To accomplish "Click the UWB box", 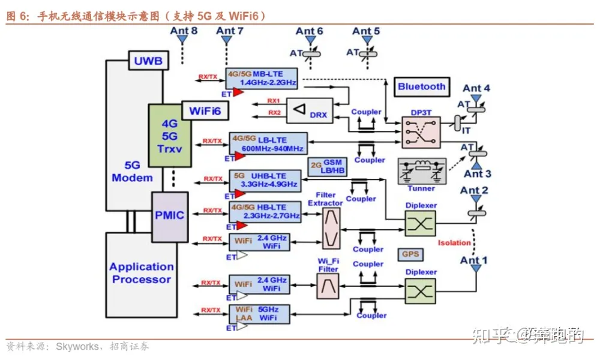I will (148, 60).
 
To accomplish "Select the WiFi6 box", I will (205, 110).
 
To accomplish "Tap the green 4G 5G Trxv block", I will (170, 136).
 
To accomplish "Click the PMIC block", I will (169, 214).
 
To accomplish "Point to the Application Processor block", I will (142, 273).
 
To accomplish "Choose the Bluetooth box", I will (422, 86).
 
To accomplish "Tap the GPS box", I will (411, 254).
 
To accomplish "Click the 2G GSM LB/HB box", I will (328, 166).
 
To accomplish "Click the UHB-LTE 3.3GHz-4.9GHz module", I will (264, 180).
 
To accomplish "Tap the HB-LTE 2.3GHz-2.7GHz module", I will (265, 211).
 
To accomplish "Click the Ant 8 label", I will (184, 30).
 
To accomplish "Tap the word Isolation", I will (454, 243).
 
